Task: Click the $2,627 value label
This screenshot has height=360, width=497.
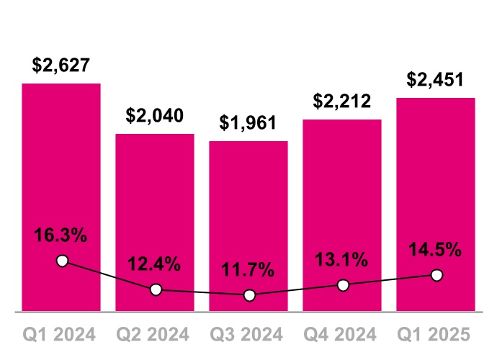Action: pyautogui.click(x=61, y=65)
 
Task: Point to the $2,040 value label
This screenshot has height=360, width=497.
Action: pyautogui.click(x=155, y=115)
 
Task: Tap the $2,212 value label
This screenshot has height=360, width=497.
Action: pyautogui.click(x=342, y=101)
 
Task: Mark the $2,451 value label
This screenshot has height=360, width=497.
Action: pyautogui.click(x=436, y=79)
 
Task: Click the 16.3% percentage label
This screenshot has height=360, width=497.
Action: pyautogui.click(x=61, y=235)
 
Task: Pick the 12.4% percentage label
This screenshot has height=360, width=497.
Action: pyautogui.click(x=155, y=264)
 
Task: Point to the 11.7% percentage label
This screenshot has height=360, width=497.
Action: pyautogui.click(x=248, y=271)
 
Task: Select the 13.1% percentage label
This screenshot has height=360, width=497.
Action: pyautogui.click(x=342, y=260)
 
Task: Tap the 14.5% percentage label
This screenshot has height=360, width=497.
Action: pyautogui.click(x=436, y=250)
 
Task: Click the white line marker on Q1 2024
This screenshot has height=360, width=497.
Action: pyautogui.click(x=62, y=261)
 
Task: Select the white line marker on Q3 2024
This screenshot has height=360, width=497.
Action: pyautogui.click(x=249, y=295)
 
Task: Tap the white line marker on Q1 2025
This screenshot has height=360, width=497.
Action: pyautogui.click(x=436, y=275)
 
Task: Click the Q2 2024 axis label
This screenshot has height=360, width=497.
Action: pyautogui.click(x=155, y=335)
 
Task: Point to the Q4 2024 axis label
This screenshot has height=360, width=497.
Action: pyautogui.click(x=342, y=335)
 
